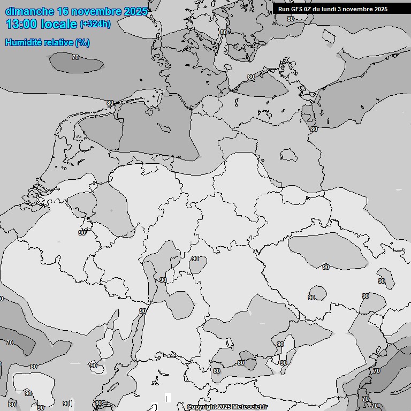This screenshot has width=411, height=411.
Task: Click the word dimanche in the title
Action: [29, 11]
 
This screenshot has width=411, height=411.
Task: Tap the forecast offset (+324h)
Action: [95, 24]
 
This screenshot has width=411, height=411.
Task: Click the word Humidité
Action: [23, 42]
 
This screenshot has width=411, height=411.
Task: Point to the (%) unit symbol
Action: [82, 42]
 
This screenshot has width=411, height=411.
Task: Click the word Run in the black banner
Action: [284, 9]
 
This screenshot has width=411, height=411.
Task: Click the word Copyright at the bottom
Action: [201, 407]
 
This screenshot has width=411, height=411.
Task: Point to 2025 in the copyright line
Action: [224, 407]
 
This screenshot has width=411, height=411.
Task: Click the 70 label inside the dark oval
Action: [75, 57]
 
